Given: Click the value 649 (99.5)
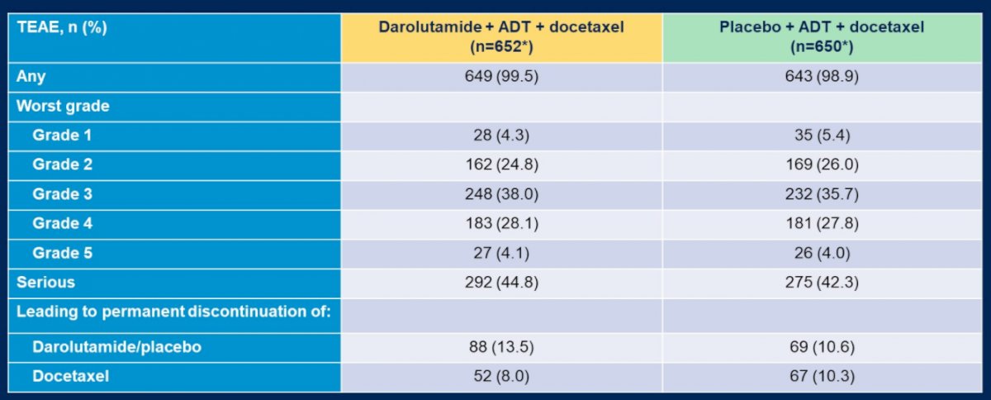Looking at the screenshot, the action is click(501, 76).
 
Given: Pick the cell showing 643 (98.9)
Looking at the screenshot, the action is click(822, 76).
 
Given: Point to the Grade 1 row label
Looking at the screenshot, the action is click(62, 135).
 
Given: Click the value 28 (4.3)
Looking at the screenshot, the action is click(501, 135).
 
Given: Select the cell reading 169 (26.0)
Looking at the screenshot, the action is click(822, 164).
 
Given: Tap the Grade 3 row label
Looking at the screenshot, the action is click(63, 194).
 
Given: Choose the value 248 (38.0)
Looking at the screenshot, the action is click(501, 194).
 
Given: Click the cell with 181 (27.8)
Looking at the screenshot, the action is click(822, 223).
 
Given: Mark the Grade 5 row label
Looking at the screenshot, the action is click(63, 253).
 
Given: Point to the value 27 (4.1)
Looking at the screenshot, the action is click(501, 253).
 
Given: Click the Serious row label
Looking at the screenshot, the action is click(45, 282).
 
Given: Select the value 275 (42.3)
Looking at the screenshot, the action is click(822, 282).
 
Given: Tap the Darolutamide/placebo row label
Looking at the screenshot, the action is click(116, 347).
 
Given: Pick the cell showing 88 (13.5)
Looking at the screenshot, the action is click(501, 347).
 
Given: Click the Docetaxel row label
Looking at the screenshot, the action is click(70, 376).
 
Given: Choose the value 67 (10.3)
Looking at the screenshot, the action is click(822, 376).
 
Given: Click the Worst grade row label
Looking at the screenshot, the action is click(63, 107).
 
